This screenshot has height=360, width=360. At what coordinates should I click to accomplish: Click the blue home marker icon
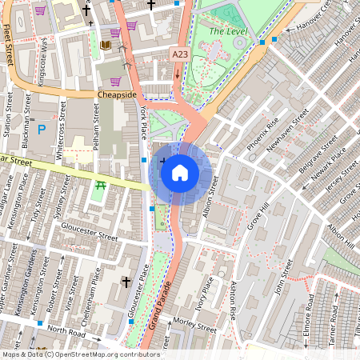point(180,173)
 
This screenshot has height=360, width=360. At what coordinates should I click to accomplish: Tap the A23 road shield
point(182,54)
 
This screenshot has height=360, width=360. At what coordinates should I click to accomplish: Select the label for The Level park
point(228,31)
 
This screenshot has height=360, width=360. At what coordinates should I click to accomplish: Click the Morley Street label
point(196,328)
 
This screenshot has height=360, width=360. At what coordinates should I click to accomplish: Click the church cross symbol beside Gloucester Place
point(125,282)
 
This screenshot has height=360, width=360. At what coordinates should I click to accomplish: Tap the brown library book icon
point(106,46)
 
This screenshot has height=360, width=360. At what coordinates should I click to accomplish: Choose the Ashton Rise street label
point(233,301)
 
